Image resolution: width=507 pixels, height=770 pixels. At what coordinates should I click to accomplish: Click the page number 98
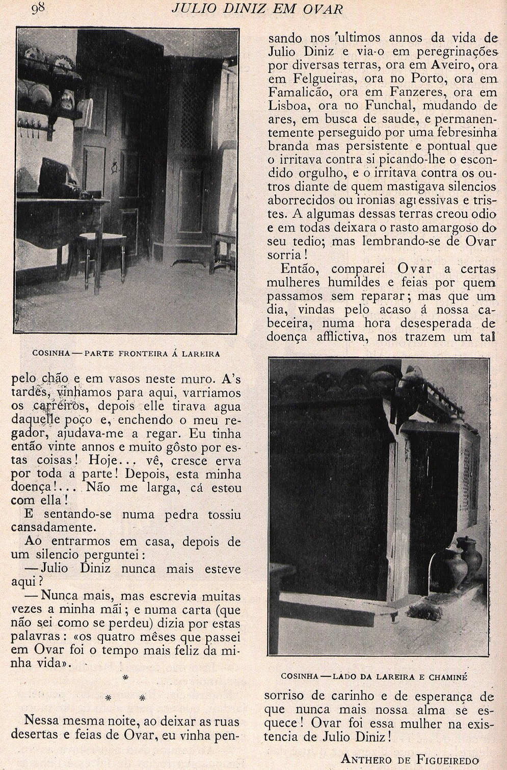click(x=39, y=8)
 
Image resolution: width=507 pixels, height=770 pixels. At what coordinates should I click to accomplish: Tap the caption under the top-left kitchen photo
click(x=126, y=353)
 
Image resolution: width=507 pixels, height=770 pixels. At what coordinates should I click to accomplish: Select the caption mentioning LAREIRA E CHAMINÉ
click(x=375, y=677)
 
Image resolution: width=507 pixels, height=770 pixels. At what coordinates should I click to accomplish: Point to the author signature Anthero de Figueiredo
click(x=410, y=759)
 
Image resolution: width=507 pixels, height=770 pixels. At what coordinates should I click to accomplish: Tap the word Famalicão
click(x=300, y=92)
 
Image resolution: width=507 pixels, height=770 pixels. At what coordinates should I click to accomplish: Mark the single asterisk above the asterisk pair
click(x=125, y=678)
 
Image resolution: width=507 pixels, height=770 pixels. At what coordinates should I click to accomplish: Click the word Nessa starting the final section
click(x=43, y=721)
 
